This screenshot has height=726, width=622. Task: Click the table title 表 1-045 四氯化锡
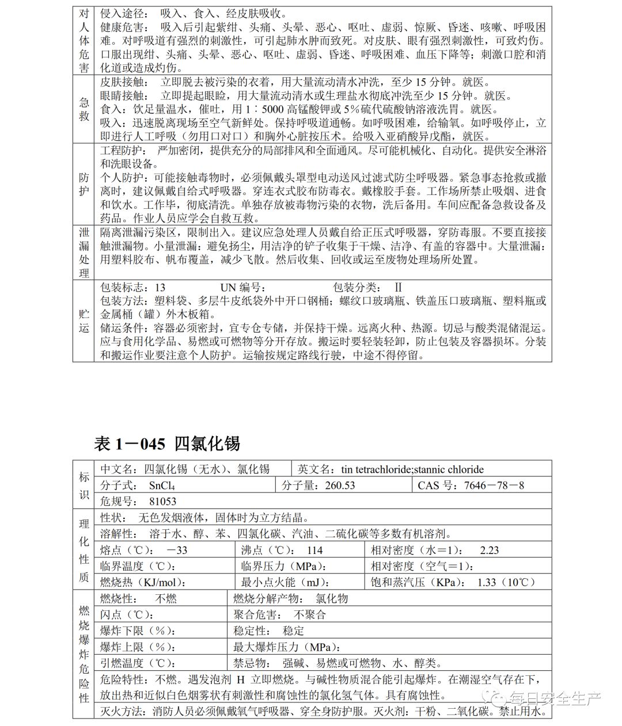(166, 443)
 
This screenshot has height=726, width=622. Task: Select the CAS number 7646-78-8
(494, 485)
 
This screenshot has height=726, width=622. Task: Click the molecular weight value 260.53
(340, 485)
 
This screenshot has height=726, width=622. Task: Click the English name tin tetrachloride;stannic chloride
(412, 469)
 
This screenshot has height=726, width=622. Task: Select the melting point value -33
(177, 550)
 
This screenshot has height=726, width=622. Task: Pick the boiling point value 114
(314, 550)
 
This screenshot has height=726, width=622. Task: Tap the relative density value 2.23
(489, 550)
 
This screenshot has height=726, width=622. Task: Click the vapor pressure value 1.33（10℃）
(506, 582)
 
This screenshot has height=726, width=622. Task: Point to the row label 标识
(84, 484)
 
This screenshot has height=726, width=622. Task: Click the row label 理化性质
(84, 549)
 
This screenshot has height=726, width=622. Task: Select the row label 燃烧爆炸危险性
(84, 654)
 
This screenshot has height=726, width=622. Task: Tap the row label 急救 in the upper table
(84, 109)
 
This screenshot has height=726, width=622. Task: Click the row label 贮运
(84, 320)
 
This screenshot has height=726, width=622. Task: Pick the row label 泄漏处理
(84, 253)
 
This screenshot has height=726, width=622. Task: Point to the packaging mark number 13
(160, 287)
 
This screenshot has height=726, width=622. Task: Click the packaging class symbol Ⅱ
(397, 287)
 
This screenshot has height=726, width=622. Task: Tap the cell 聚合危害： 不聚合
(280, 614)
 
